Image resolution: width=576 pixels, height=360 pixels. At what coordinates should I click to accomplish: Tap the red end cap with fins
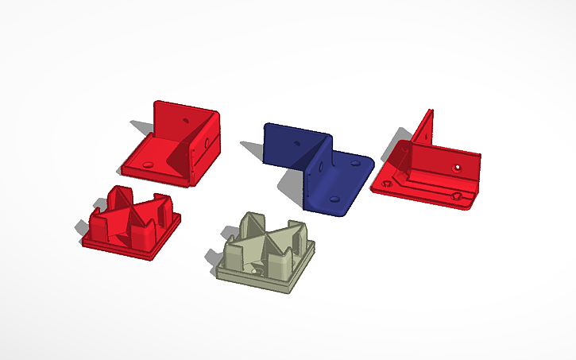pyautogui.click(x=131, y=223)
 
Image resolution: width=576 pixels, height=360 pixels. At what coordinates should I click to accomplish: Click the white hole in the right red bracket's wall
pyautogui.click(x=458, y=167)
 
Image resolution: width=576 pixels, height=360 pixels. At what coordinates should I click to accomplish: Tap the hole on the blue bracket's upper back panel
pyautogui.click(x=296, y=145)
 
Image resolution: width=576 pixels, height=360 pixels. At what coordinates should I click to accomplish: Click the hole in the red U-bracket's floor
pyautogui.click(x=150, y=163)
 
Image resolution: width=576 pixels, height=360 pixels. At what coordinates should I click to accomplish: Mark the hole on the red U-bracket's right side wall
pyautogui.click(x=208, y=143)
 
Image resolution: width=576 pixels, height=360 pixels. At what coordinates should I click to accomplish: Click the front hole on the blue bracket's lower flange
pyautogui.click(x=333, y=195)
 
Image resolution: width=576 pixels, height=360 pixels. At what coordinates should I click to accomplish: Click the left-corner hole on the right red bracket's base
pyautogui.click(x=386, y=184)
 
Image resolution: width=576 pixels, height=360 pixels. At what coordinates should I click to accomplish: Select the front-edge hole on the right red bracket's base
pyautogui.click(x=456, y=195)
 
